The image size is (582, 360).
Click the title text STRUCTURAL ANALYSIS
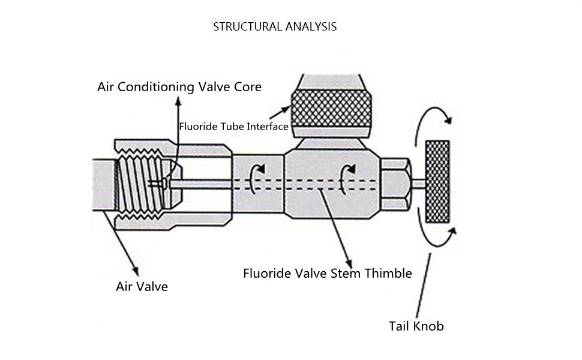pyautogui.click(x=275, y=27)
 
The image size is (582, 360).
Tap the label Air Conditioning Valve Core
pyautogui.click(x=179, y=87)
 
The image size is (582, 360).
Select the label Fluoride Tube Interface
pyautogui.click(x=233, y=127)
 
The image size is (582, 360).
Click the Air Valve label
pyautogui.click(x=142, y=287)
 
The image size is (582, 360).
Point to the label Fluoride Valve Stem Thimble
pyautogui.click(x=328, y=274)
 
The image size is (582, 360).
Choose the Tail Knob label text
pyautogui.click(x=416, y=326)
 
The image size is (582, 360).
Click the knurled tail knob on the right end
pyautogui.click(x=437, y=181)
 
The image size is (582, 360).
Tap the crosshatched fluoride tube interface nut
pyautogui.click(x=331, y=109)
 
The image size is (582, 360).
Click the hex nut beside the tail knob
pyautogui.click(x=395, y=184)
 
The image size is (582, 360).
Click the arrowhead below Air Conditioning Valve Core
pyautogui.click(x=179, y=101)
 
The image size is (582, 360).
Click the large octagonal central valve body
pyautogui.click(x=332, y=184)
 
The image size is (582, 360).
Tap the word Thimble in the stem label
pyautogui.click(x=388, y=274)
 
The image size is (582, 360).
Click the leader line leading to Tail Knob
pyautogui.click(x=423, y=286)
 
